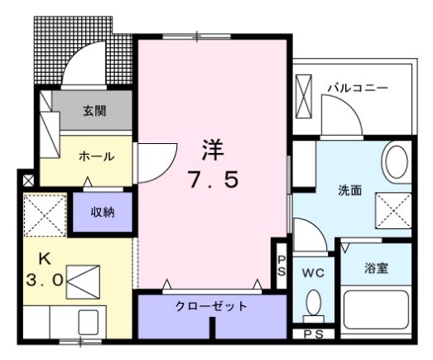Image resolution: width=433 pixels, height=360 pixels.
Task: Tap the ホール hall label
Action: [97, 156]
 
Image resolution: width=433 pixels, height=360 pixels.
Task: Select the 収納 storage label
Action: [103, 213]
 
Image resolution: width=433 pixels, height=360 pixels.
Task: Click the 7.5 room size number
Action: [213, 180]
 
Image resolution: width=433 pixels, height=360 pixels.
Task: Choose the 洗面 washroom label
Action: [349, 190]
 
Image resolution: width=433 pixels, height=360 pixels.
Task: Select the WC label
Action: [312, 271]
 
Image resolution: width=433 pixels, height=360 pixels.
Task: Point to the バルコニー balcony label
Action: [357, 86]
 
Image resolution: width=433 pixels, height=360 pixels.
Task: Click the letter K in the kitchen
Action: [38, 257]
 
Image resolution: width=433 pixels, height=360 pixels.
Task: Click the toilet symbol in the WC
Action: [313, 305]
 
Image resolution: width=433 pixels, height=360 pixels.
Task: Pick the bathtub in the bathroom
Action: [376, 312]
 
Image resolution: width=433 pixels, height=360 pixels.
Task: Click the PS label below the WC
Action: [314, 334]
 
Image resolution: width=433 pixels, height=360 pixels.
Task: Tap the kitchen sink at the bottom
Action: [86, 321]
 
